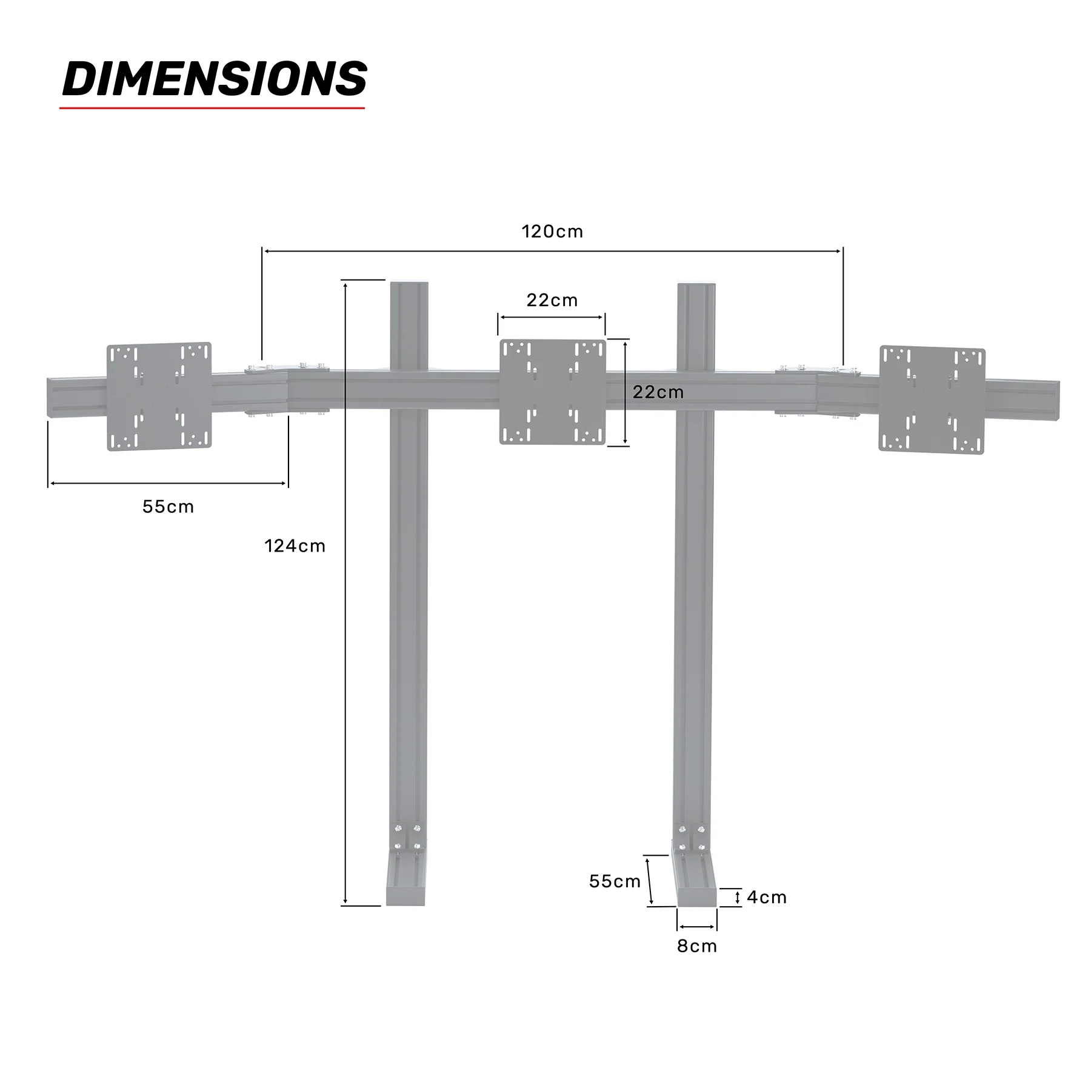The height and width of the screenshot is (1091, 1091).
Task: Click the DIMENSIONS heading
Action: [x=215, y=79]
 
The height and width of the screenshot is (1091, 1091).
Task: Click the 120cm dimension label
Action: [x=552, y=232]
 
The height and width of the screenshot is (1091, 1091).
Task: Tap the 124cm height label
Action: [x=295, y=546]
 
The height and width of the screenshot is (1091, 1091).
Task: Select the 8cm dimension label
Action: [x=697, y=946]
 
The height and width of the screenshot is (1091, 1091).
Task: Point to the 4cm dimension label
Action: [x=766, y=897]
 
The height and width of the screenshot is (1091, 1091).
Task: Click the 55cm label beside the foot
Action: [x=615, y=881]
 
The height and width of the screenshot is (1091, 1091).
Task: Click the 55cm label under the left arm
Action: [x=168, y=507]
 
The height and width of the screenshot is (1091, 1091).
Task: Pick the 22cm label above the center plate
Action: [x=552, y=300]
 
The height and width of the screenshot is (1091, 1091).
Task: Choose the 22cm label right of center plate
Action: [x=658, y=392]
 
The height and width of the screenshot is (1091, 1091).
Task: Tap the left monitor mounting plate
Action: [x=159, y=396]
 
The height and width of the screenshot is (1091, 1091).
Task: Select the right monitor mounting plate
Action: [x=932, y=400]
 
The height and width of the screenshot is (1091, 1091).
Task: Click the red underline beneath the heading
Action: [x=212, y=108]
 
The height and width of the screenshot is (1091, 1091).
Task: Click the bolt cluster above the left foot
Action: [x=407, y=837]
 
